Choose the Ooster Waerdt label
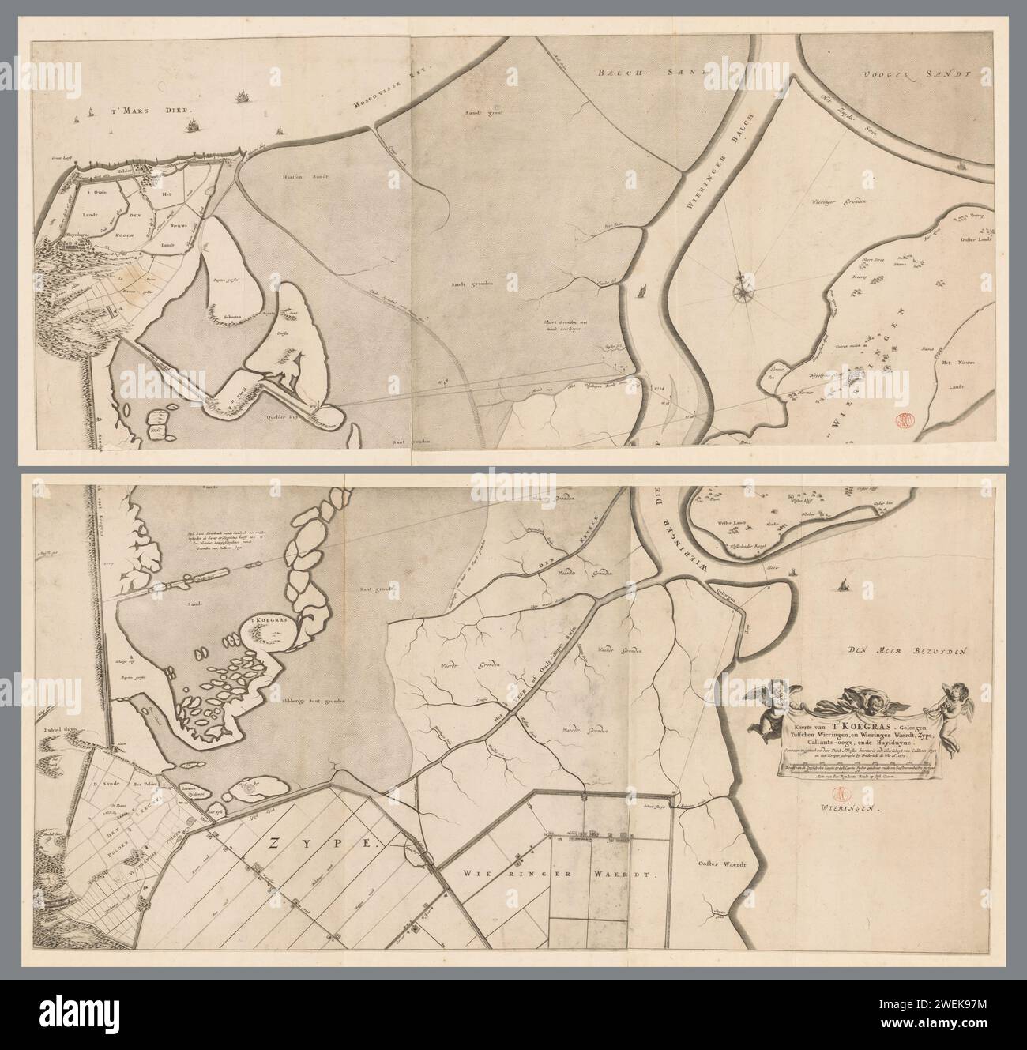[x=720, y=864]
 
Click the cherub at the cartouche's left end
[x=767, y=706]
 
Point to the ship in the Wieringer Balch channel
[x=639, y=292]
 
